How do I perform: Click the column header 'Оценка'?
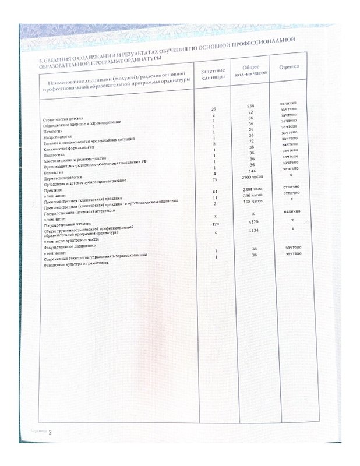click(290, 68)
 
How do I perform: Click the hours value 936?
click(250, 106)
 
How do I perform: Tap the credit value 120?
click(216, 224)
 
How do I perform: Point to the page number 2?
click(50, 432)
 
